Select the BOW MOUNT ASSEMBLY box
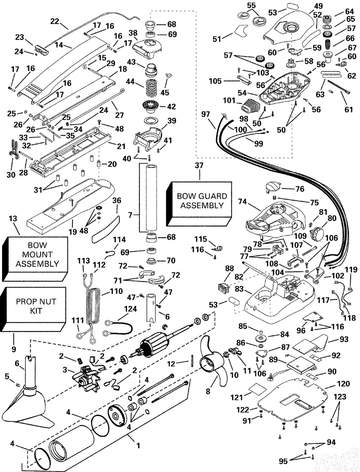37,254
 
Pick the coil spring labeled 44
150,84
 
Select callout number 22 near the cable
54,21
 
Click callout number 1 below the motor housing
138,445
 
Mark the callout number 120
343,383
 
